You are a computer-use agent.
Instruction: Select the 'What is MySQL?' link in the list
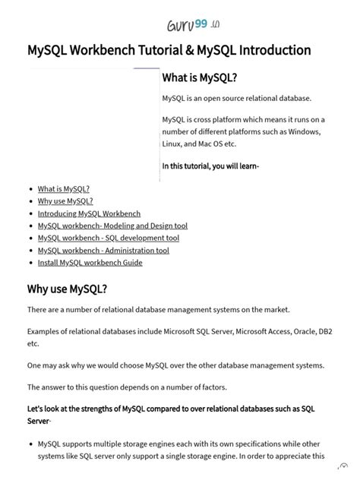tap(64, 189)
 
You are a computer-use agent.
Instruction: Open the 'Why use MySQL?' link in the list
tap(65, 201)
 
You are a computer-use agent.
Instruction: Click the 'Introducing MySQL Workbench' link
tap(89, 213)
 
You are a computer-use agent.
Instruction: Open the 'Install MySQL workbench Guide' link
tap(90, 263)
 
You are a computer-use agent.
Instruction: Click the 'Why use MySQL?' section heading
tap(67, 289)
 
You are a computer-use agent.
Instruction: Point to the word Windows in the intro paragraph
tap(303, 131)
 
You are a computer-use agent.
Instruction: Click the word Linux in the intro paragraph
tap(172, 144)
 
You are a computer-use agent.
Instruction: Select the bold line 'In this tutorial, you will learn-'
tap(210, 166)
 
